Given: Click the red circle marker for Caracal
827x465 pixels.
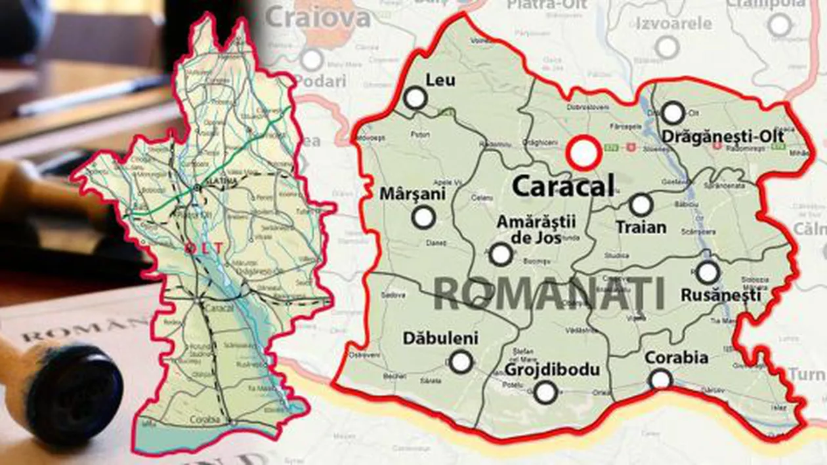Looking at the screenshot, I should (x=583, y=153).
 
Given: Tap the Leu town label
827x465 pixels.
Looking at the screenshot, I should (x=440, y=81).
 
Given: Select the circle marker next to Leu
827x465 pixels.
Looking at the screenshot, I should (x=415, y=99).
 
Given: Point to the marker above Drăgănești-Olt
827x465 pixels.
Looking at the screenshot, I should (x=673, y=113).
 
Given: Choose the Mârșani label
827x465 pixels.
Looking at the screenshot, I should (x=413, y=194).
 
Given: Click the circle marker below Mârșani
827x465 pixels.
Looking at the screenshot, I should (x=424, y=217).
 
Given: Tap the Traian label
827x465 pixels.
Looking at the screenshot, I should (x=641, y=228).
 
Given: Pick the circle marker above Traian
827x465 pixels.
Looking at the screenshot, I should (x=641, y=205).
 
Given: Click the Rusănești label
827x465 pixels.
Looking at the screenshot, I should (x=721, y=295).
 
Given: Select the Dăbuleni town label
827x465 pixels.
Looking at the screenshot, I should (x=440, y=338).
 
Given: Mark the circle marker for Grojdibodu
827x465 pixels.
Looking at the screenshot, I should (x=545, y=392).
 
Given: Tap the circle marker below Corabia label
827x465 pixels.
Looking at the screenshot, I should (x=661, y=379).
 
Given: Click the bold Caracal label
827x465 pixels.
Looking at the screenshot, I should (x=563, y=186).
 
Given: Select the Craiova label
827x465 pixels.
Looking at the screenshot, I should (x=319, y=18).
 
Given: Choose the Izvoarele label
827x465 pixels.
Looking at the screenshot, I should (x=673, y=24).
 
